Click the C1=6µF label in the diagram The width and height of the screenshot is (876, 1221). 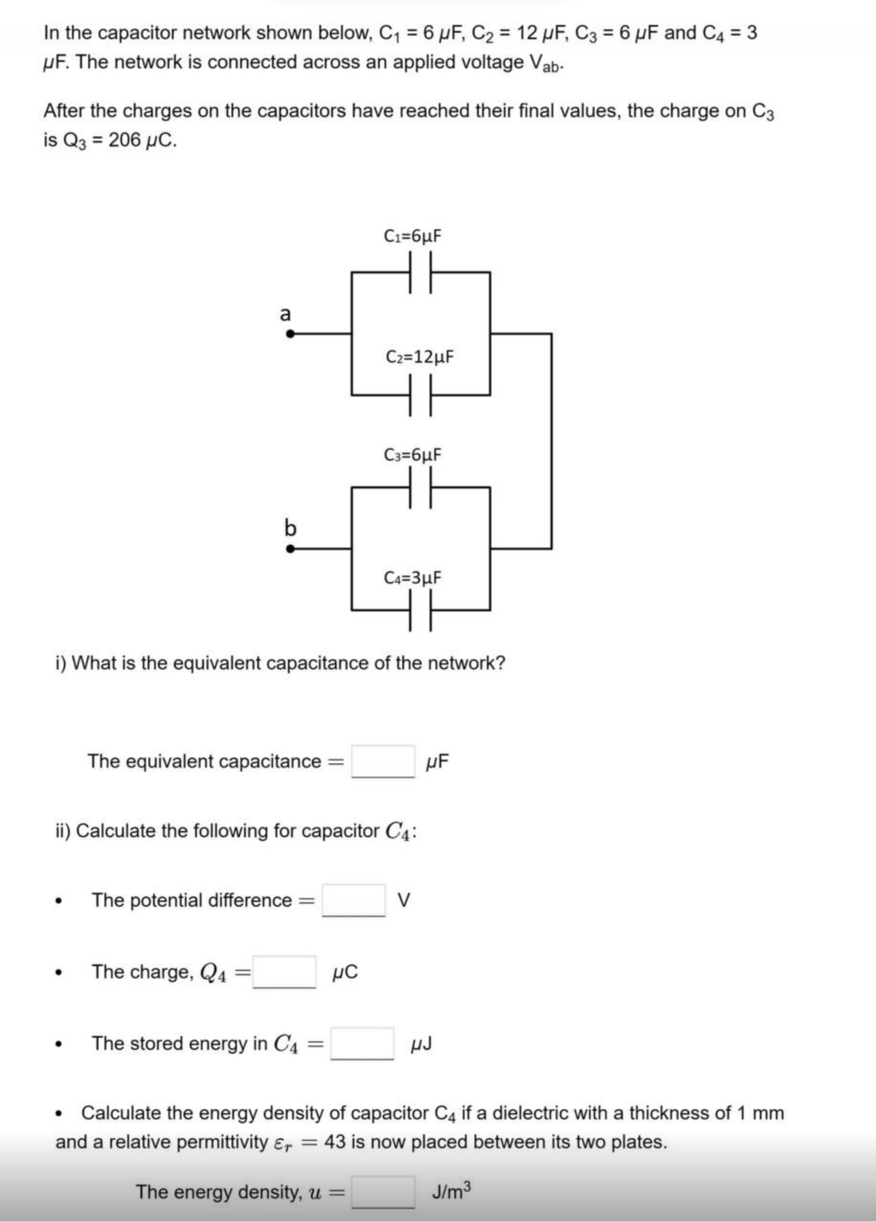[x=413, y=236]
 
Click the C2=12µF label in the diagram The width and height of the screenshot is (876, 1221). [x=419, y=356]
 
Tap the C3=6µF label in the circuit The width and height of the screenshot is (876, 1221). [x=413, y=454]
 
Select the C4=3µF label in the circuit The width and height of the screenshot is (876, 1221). [x=413, y=578]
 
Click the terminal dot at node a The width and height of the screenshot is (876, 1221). [x=290, y=334]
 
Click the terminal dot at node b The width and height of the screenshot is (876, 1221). [x=290, y=549]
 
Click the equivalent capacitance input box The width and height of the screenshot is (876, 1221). [x=383, y=761]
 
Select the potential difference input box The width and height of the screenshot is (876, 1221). [x=353, y=900]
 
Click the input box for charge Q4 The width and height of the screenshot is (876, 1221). [x=284, y=972]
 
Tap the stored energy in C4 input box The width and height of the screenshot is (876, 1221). [x=362, y=1044]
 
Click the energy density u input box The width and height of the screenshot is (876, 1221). [x=383, y=1192]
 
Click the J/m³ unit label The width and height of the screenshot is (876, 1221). [x=451, y=1190]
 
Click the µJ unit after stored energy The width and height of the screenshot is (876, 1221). [x=421, y=1044]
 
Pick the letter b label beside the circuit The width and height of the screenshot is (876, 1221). [x=290, y=527]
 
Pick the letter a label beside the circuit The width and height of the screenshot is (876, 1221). [x=285, y=314]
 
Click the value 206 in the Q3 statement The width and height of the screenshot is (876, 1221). [x=124, y=140]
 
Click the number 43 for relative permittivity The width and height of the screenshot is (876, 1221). [x=336, y=1142]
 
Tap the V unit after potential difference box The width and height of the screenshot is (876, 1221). [x=404, y=900]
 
